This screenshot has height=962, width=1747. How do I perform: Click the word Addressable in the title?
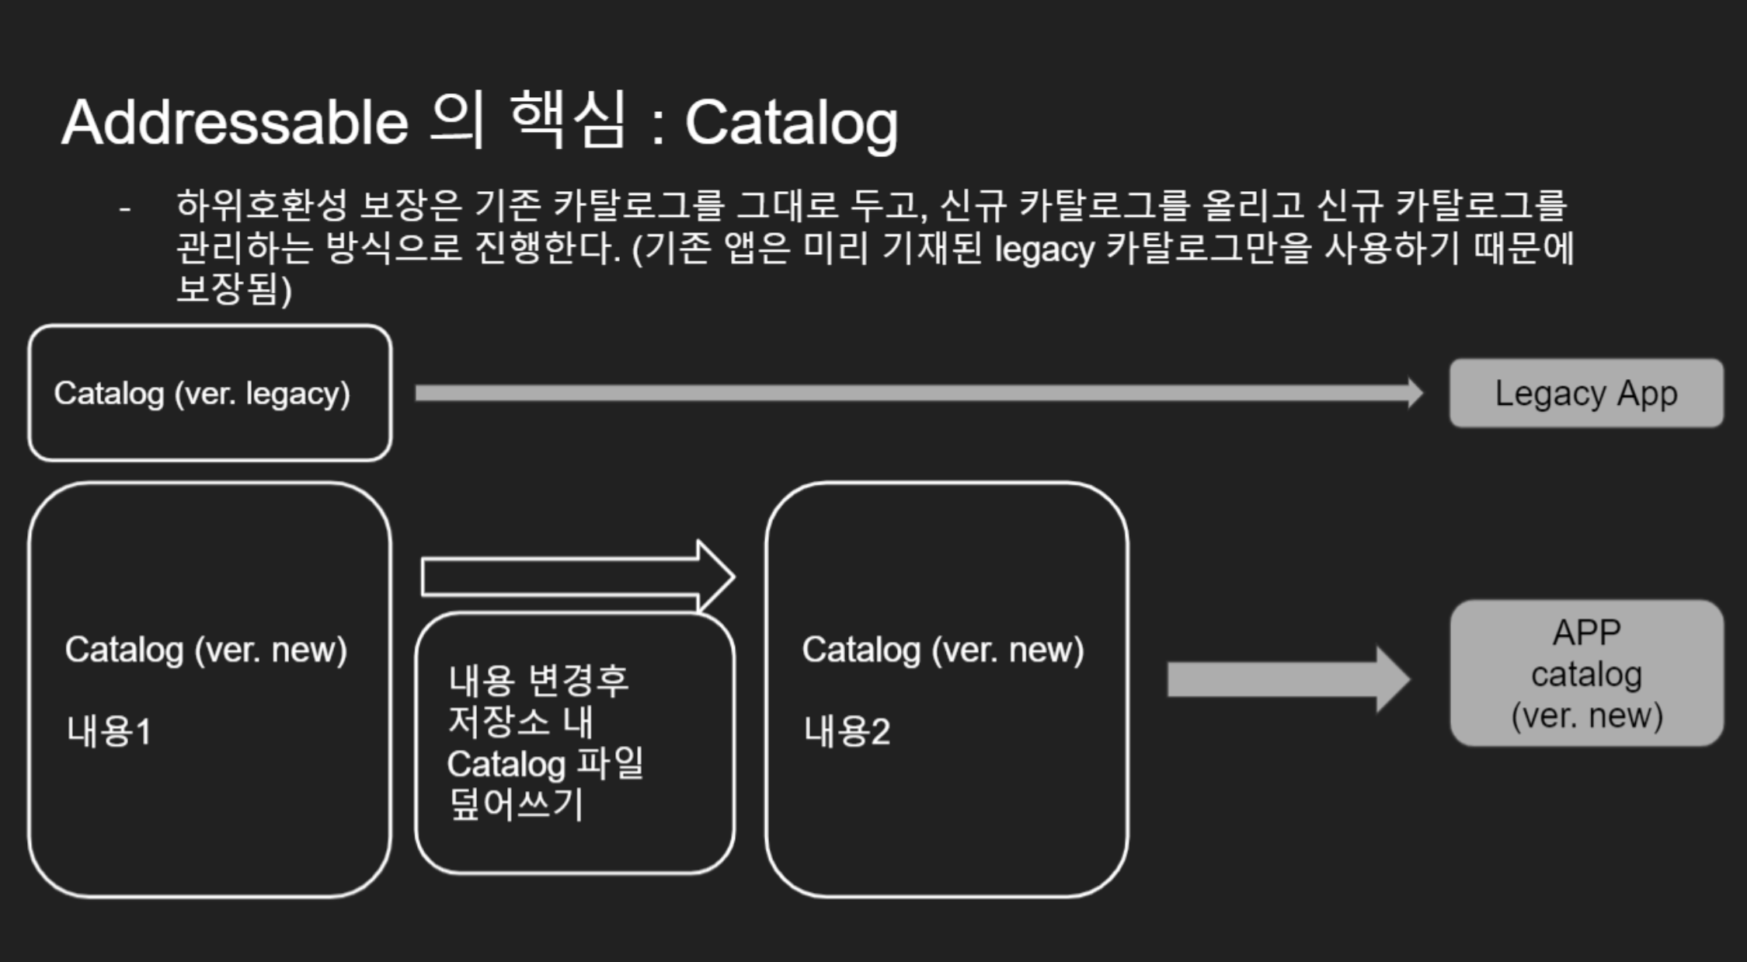coord(235,123)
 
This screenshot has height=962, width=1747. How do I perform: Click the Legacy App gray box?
coord(1586,393)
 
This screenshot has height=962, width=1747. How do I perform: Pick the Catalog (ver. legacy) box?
coord(209,393)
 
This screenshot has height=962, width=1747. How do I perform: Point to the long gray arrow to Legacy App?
coord(917,393)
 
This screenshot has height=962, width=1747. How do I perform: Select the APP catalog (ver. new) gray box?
coord(1586,674)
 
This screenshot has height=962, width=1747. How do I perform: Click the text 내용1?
coord(109,732)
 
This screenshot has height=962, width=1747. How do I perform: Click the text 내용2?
coord(847,732)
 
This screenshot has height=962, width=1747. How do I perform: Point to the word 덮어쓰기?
coord(516,804)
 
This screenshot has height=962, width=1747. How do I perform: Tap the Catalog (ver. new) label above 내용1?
coord(206,650)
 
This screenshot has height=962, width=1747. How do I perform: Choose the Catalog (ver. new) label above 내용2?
coord(942,650)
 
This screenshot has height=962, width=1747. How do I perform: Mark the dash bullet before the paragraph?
coord(124,208)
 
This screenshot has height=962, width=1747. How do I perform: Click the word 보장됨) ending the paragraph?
coord(233,290)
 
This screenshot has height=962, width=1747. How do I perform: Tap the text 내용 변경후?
coord(538,681)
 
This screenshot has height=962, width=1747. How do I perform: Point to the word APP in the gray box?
coord(1586,633)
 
